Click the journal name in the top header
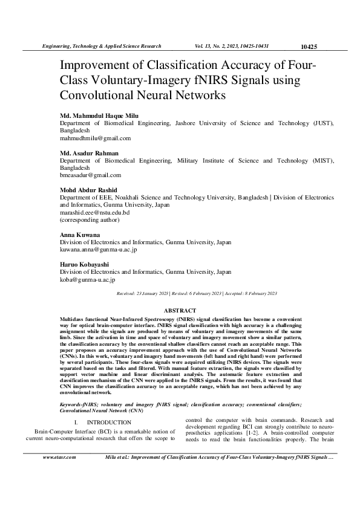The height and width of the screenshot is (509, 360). coord(100,46)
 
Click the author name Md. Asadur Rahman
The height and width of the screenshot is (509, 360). coord(89,153)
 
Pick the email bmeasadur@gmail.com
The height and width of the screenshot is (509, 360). coord(90,175)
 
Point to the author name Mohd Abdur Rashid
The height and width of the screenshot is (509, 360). coord(90,190)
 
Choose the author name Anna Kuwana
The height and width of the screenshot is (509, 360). coord(80,235)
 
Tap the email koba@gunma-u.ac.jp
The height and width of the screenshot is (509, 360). coord(88,279)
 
